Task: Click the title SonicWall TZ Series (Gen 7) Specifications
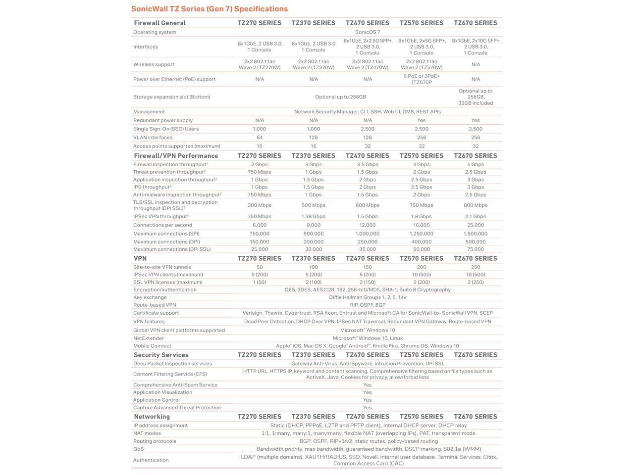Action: click(209, 9)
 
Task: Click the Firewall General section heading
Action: click(159, 23)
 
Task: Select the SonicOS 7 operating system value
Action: click(368, 32)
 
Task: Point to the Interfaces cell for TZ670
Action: click(475, 47)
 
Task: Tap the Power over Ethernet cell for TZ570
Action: click(422, 79)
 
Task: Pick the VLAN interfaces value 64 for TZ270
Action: click(259, 138)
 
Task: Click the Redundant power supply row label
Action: click(162, 120)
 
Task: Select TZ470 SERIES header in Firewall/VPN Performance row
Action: click(368, 156)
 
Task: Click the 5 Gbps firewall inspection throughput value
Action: click(475, 164)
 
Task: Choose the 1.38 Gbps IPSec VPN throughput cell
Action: click(314, 216)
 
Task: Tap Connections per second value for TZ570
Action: click(422, 225)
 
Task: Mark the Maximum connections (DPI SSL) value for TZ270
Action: click(259, 249)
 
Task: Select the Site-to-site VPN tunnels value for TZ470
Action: click(368, 267)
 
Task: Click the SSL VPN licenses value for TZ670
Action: click(475, 282)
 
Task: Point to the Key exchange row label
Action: click(150, 297)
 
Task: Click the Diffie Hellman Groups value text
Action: click(368, 297)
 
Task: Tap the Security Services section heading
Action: click(161, 355)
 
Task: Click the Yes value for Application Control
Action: click(368, 400)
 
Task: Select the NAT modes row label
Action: click(147, 433)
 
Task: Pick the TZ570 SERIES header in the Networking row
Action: click(422, 417)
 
